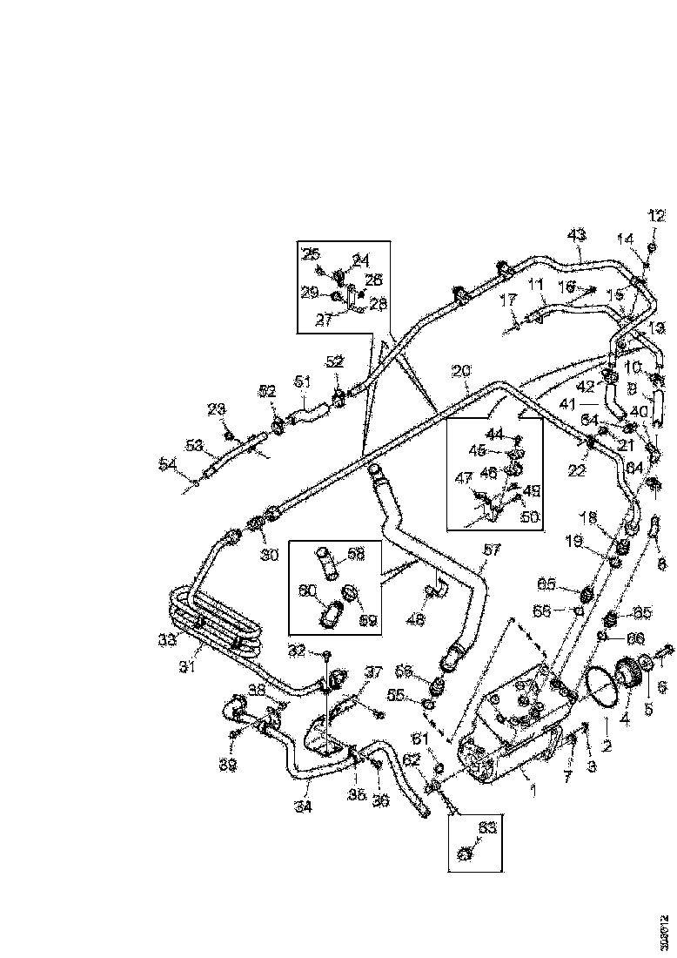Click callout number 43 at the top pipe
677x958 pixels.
point(577,234)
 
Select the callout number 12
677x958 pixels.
point(655,216)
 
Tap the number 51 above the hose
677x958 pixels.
point(302,381)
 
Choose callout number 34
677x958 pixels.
point(302,806)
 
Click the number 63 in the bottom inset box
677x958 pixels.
point(487,828)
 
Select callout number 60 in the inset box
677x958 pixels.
point(307,590)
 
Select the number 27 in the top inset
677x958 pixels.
point(325,320)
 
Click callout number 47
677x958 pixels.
point(464,478)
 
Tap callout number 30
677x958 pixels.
point(267,552)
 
